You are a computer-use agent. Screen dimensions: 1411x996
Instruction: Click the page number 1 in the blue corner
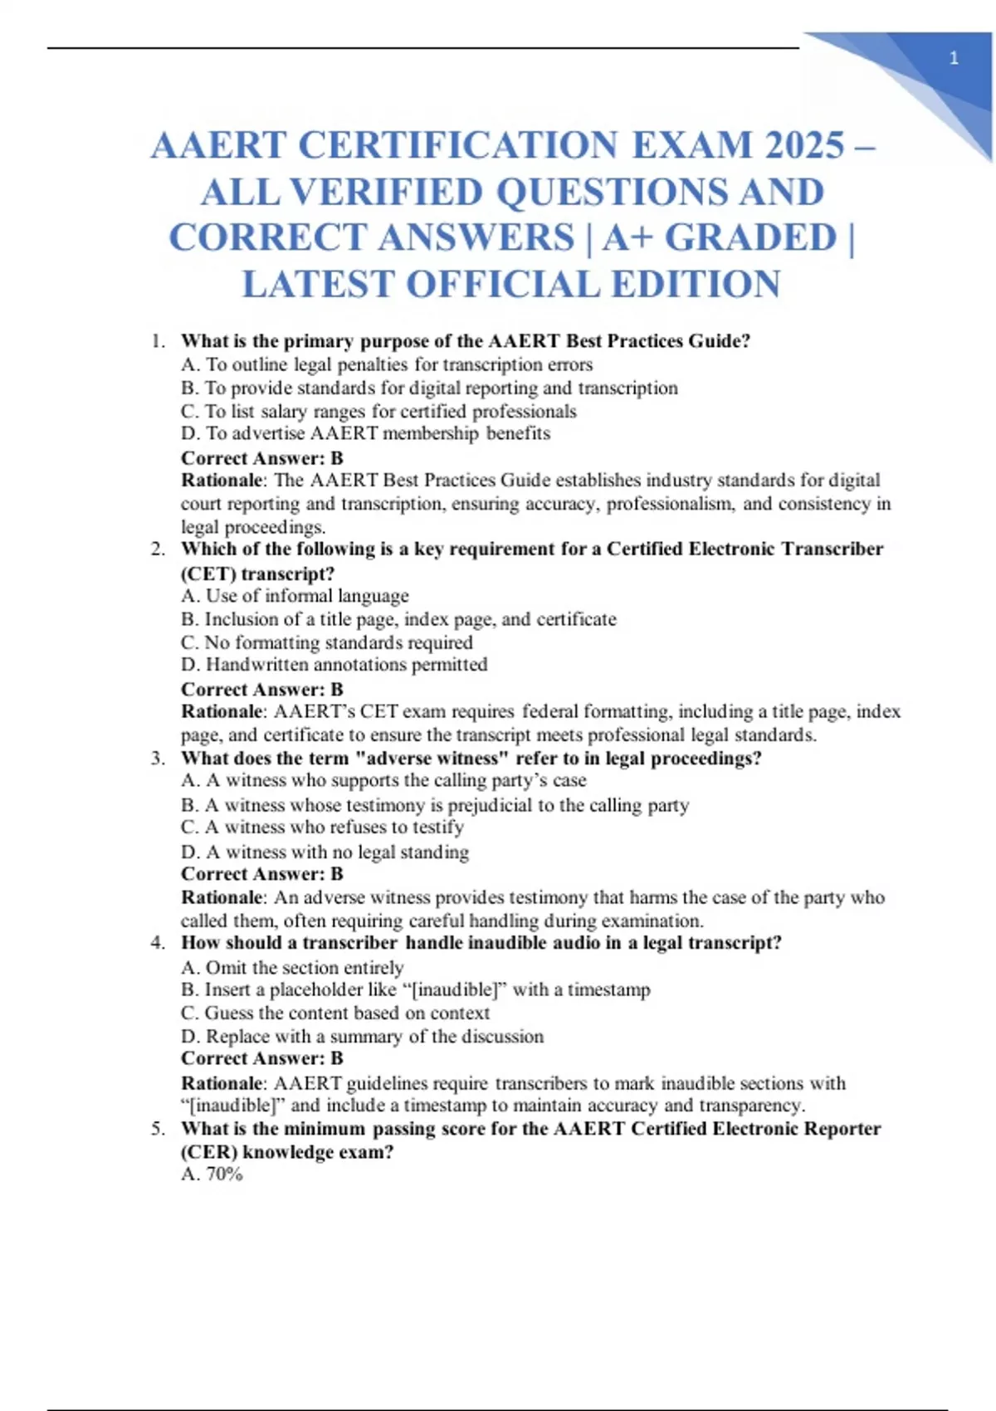coord(954,58)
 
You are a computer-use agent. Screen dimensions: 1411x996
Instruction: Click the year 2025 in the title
coord(804,145)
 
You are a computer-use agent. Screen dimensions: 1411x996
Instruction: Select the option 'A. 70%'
coord(212,1174)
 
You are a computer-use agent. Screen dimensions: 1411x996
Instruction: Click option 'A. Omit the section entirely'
coord(292,968)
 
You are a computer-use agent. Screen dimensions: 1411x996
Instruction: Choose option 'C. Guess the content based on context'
coord(335,1013)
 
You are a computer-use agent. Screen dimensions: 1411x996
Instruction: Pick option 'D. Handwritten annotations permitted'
coord(334,665)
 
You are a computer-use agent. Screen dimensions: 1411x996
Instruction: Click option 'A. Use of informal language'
coord(295,596)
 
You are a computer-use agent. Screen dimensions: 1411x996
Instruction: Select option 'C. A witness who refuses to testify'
coord(322,828)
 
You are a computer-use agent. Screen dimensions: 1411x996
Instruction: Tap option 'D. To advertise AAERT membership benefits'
coord(365,433)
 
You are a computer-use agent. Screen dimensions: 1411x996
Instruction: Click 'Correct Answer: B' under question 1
coord(261,458)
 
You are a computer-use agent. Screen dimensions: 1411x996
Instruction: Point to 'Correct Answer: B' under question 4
coord(261,1058)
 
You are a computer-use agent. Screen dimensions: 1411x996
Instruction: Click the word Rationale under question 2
coord(222,711)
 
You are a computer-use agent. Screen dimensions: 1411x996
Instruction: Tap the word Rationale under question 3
coord(222,897)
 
